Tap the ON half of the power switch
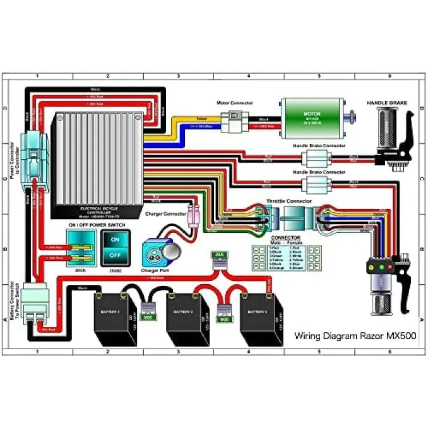coord(115,240)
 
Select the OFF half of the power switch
coord(115,255)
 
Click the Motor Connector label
coord(235,103)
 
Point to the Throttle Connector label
coord(289,201)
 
